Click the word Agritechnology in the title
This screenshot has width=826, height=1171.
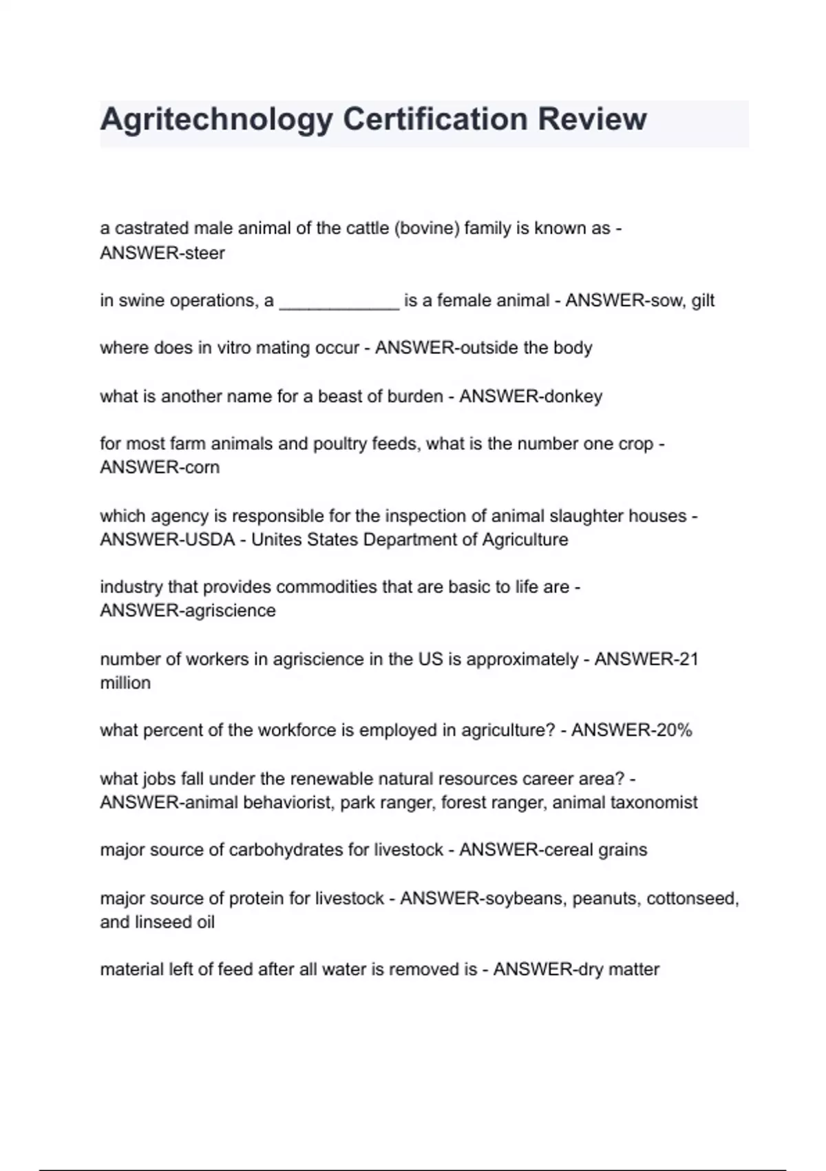217,119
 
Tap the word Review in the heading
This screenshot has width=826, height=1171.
592,119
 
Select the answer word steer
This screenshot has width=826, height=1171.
204,253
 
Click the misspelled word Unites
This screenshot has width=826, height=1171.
276,540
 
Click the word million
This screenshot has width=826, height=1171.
125,683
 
